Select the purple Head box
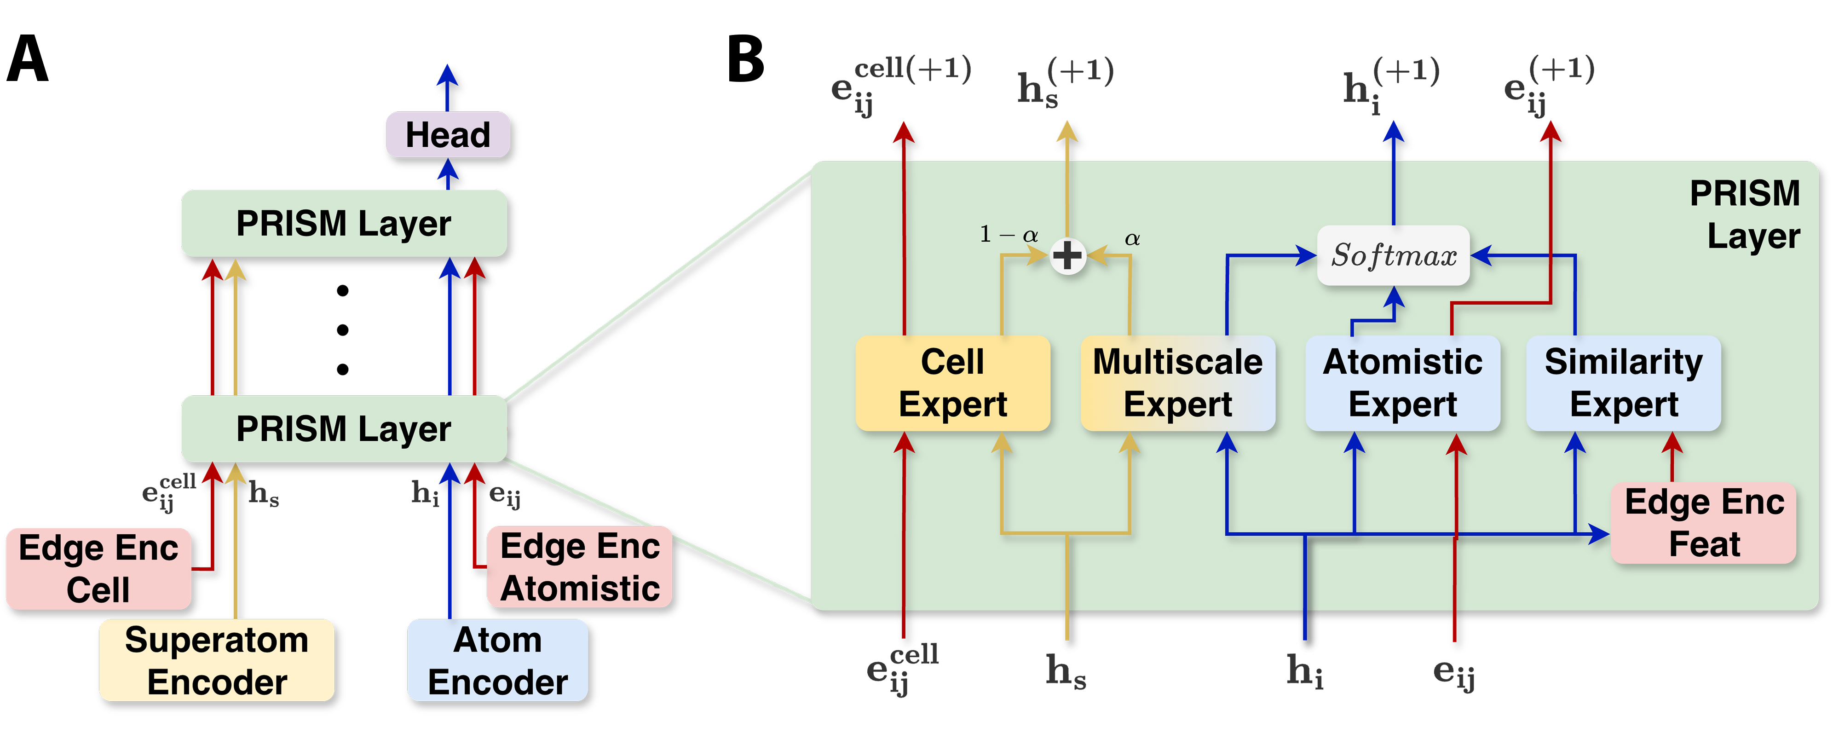[x=448, y=134]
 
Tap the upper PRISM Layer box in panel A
[x=344, y=223]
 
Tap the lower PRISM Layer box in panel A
[x=344, y=428]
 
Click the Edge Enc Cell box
[x=98, y=568]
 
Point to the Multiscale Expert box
[x=1178, y=383]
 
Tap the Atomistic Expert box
[x=1402, y=383]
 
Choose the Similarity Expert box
[x=1623, y=383]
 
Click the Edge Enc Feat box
[x=1704, y=523]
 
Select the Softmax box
[x=1393, y=255]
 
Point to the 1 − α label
[x=1009, y=234]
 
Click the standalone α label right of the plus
[x=1132, y=238]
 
